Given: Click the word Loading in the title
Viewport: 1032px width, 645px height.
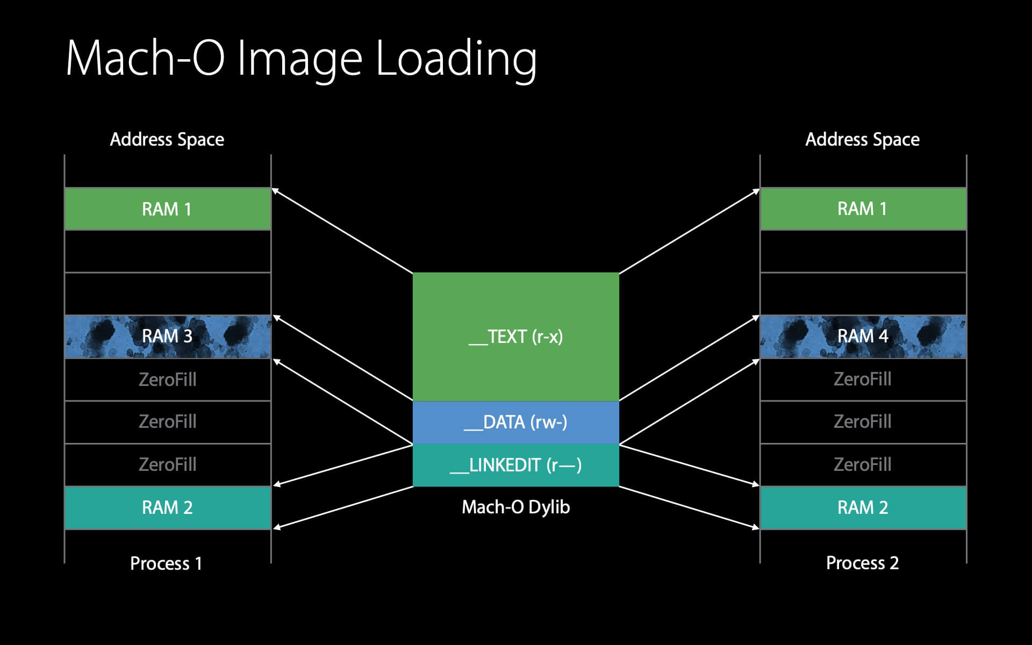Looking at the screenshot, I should [x=456, y=59].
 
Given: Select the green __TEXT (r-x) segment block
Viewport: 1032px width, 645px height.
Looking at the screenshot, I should [x=515, y=336].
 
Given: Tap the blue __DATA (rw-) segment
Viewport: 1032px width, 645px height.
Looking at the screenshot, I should [x=515, y=422].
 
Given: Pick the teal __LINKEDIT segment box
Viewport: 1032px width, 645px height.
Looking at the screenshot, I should [x=515, y=465].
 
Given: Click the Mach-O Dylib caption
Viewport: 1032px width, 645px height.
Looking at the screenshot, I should [x=515, y=507].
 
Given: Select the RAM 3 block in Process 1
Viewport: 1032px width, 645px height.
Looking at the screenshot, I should [x=167, y=336].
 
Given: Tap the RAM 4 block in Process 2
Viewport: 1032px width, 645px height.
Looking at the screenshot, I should [x=863, y=336].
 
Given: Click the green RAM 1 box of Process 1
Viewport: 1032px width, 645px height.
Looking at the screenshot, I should [x=167, y=209].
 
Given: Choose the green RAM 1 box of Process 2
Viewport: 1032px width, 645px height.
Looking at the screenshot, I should [x=863, y=209].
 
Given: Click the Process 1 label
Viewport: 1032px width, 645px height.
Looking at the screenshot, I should [x=166, y=563].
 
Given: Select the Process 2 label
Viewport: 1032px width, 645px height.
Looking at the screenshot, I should [x=862, y=563].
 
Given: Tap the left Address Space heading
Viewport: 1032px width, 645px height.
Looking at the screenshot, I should [x=167, y=140].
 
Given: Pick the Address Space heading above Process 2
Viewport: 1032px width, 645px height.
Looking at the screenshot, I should [x=862, y=140].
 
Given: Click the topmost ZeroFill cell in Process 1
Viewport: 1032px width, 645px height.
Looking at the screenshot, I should [x=167, y=379].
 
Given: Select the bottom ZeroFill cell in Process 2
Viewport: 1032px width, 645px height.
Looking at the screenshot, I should [x=863, y=464].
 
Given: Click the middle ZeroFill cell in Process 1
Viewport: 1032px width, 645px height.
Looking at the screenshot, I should [x=167, y=422].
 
